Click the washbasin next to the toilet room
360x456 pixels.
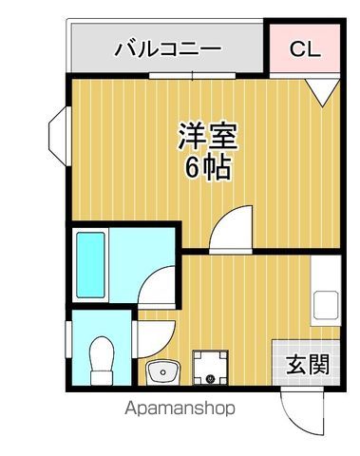click(162, 370)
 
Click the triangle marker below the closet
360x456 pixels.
click(320, 91)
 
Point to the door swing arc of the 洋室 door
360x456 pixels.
click(230, 228)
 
